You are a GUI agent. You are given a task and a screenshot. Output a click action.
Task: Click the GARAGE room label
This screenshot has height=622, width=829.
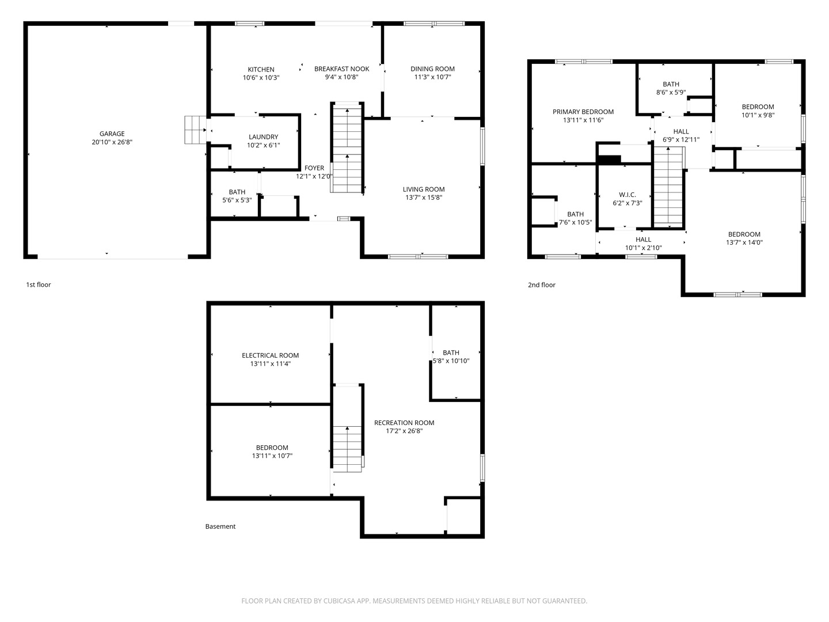click(x=112, y=134)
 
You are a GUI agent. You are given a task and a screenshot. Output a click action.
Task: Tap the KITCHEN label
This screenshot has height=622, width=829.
click(x=261, y=70)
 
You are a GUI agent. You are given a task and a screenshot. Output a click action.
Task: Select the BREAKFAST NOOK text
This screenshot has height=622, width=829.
click(x=342, y=69)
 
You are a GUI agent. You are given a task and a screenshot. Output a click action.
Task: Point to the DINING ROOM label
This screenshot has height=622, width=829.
click(x=432, y=69)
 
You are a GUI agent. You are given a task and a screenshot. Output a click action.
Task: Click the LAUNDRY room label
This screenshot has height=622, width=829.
click(x=263, y=136)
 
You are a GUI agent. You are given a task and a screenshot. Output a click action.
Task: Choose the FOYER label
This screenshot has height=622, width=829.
click(x=314, y=168)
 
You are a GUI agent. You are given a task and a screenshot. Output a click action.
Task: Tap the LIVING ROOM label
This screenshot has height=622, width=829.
click(x=423, y=189)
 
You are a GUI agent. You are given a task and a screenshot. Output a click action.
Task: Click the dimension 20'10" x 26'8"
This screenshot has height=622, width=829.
click(x=112, y=142)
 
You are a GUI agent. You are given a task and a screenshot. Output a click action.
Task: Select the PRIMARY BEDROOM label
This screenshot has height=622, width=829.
click(x=583, y=112)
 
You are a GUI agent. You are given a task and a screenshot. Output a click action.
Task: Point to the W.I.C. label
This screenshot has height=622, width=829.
click(x=628, y=195)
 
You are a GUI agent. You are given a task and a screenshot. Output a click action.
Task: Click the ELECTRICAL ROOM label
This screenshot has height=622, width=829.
click(x=271, y=355)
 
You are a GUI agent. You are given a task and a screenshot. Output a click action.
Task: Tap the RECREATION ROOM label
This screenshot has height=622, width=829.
click(x=404, y=423)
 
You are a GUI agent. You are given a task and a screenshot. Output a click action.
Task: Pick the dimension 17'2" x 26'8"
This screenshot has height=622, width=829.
click(x=404, y=431)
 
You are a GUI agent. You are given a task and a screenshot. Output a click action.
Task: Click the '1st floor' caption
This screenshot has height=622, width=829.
click(x=38, y=285)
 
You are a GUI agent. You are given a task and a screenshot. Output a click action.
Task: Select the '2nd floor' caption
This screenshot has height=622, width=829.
click(x=542, y=285)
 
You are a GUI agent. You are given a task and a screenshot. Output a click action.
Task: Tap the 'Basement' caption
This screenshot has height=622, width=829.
click(x=220, y=526)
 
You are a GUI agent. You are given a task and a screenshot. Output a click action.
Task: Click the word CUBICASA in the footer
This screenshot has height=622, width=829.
click(x=339, y=601)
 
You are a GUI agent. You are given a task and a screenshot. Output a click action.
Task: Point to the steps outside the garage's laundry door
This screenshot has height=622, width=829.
click(x=195, y=130)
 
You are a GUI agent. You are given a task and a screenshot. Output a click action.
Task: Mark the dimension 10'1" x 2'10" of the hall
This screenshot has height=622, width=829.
click(x=643, y=248)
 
